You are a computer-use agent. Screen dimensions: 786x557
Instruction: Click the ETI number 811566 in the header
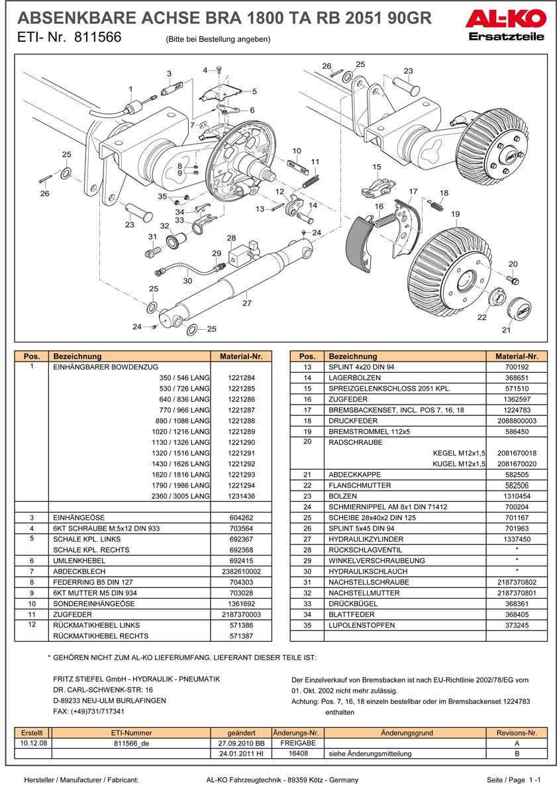click(x=98, y=38)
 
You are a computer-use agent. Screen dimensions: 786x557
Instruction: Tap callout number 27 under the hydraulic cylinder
click(x=246, y=303)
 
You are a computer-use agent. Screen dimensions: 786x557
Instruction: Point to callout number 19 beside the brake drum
click(x=455, y=214)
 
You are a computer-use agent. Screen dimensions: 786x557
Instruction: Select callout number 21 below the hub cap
click(x=506, y=330)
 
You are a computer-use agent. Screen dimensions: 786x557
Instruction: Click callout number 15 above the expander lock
click(x=377, y=167)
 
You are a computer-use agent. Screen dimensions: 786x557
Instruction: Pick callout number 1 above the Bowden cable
click(x=130, y=89)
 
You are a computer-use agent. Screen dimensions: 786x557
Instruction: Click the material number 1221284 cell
click(x=240, y=377)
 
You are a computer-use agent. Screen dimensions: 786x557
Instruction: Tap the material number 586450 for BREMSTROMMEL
click(x=517, y=431)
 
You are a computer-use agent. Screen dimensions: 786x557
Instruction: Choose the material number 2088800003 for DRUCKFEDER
click(x=517, y=420)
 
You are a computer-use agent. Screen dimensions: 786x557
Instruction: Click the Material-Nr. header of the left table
click(x=240, y=356)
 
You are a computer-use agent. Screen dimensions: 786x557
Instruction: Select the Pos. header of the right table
click(x=307, y=356)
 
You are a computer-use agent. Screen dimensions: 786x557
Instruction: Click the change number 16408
click(x=297, y=754)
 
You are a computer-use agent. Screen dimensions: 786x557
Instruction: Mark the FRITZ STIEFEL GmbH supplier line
click(x=136, y=679)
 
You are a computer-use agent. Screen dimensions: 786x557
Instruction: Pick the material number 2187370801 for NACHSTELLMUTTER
click(x=517, y=593)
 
